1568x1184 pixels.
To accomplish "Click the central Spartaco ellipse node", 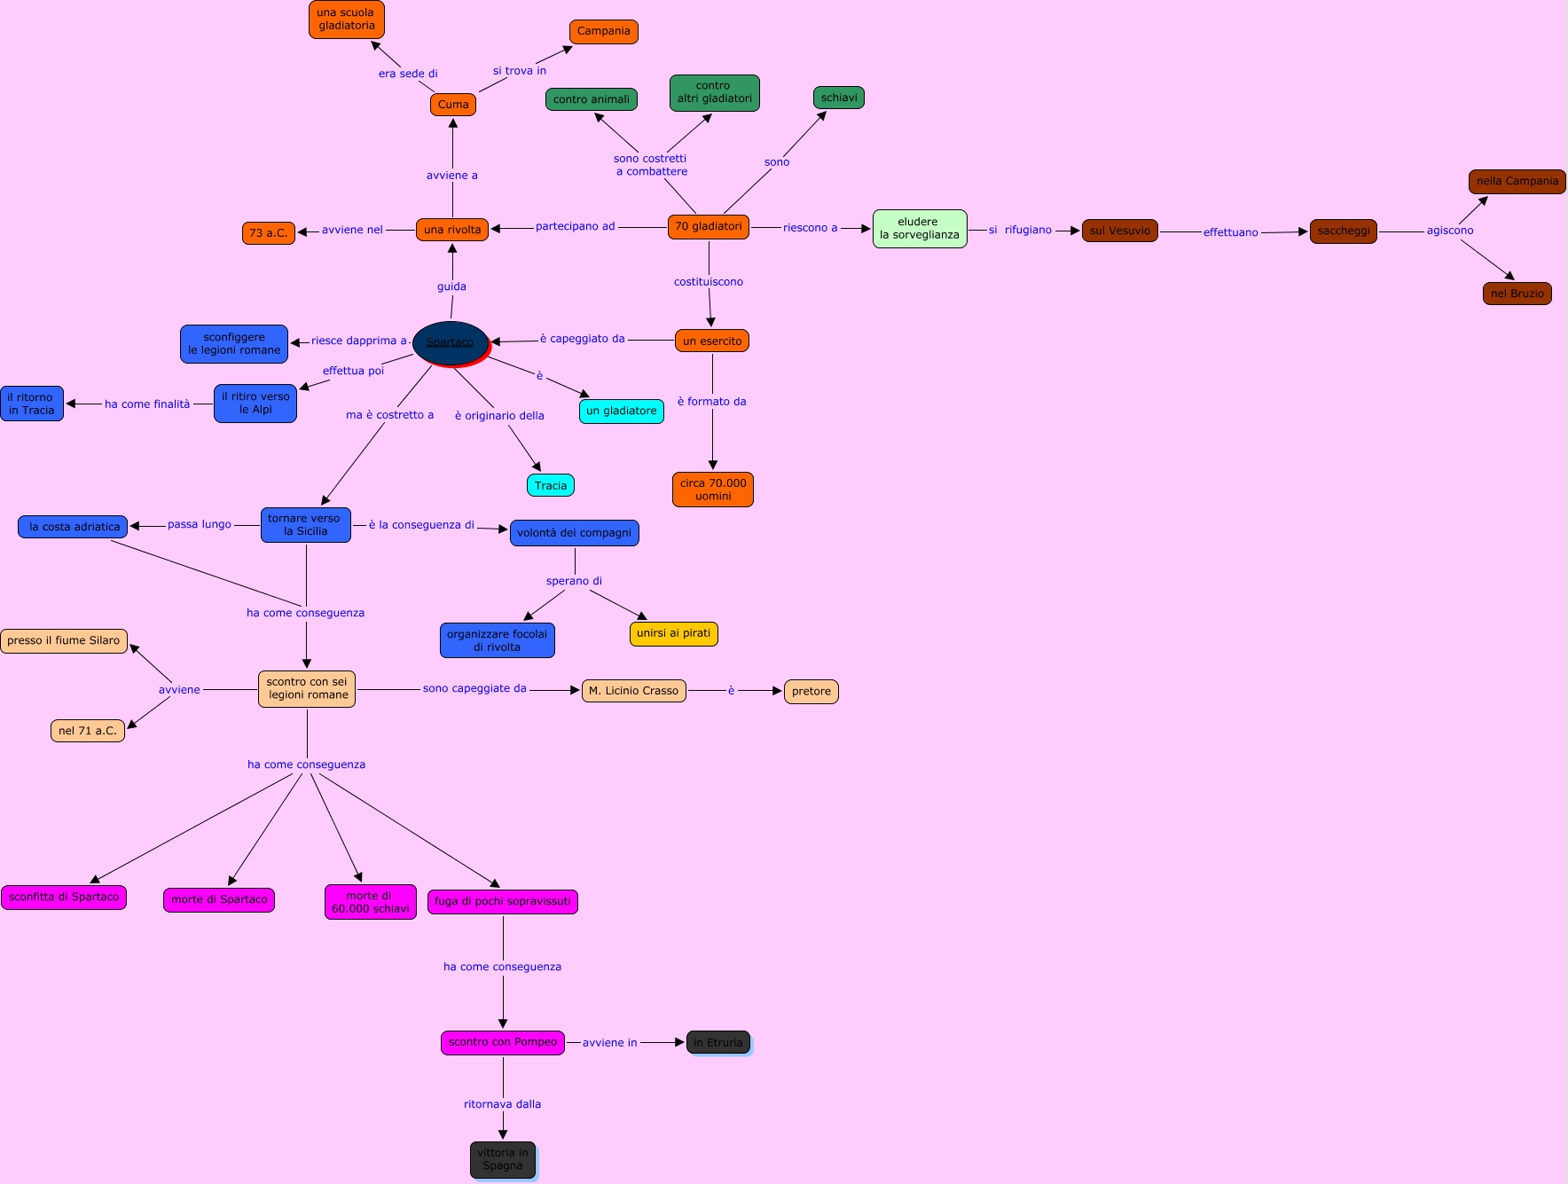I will point(451,342).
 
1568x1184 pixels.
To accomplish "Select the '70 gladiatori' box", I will point(709,227).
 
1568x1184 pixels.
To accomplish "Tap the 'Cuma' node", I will point(453,105).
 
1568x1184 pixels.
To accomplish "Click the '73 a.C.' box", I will point(268,233).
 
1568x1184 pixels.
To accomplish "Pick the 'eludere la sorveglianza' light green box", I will point(920,229).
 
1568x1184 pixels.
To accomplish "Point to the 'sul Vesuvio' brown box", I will point(1119,231).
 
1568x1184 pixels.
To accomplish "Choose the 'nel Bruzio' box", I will point(1517,294).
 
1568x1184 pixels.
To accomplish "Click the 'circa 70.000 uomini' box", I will point(713,490).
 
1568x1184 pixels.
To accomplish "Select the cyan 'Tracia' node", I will point(551,485).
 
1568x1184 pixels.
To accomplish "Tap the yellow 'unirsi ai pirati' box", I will point(673,633).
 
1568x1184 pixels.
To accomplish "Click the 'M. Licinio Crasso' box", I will point(633,691).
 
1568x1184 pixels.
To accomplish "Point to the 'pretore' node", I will point(811,692).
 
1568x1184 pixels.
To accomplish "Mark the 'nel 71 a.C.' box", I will point(88,731).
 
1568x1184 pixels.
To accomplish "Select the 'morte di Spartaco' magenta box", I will point(219,899).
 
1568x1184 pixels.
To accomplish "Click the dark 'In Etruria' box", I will point(718,1042).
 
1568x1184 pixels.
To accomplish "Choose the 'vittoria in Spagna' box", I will point(503,1159).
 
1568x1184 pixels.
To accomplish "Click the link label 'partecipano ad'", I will point(575,226).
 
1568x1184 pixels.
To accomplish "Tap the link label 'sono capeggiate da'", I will point(474,688).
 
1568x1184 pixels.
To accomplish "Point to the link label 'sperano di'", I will point(574,581).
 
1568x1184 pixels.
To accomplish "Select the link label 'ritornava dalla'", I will point(502,1104).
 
